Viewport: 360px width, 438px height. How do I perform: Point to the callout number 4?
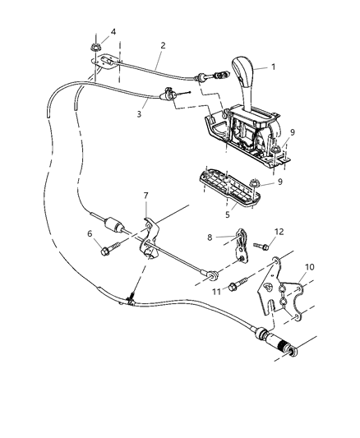(113, 32)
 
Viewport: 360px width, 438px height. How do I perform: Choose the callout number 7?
(145, 219)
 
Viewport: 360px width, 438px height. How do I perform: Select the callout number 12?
(279, 232)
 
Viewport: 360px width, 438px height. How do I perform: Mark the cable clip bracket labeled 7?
(151, 247)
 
